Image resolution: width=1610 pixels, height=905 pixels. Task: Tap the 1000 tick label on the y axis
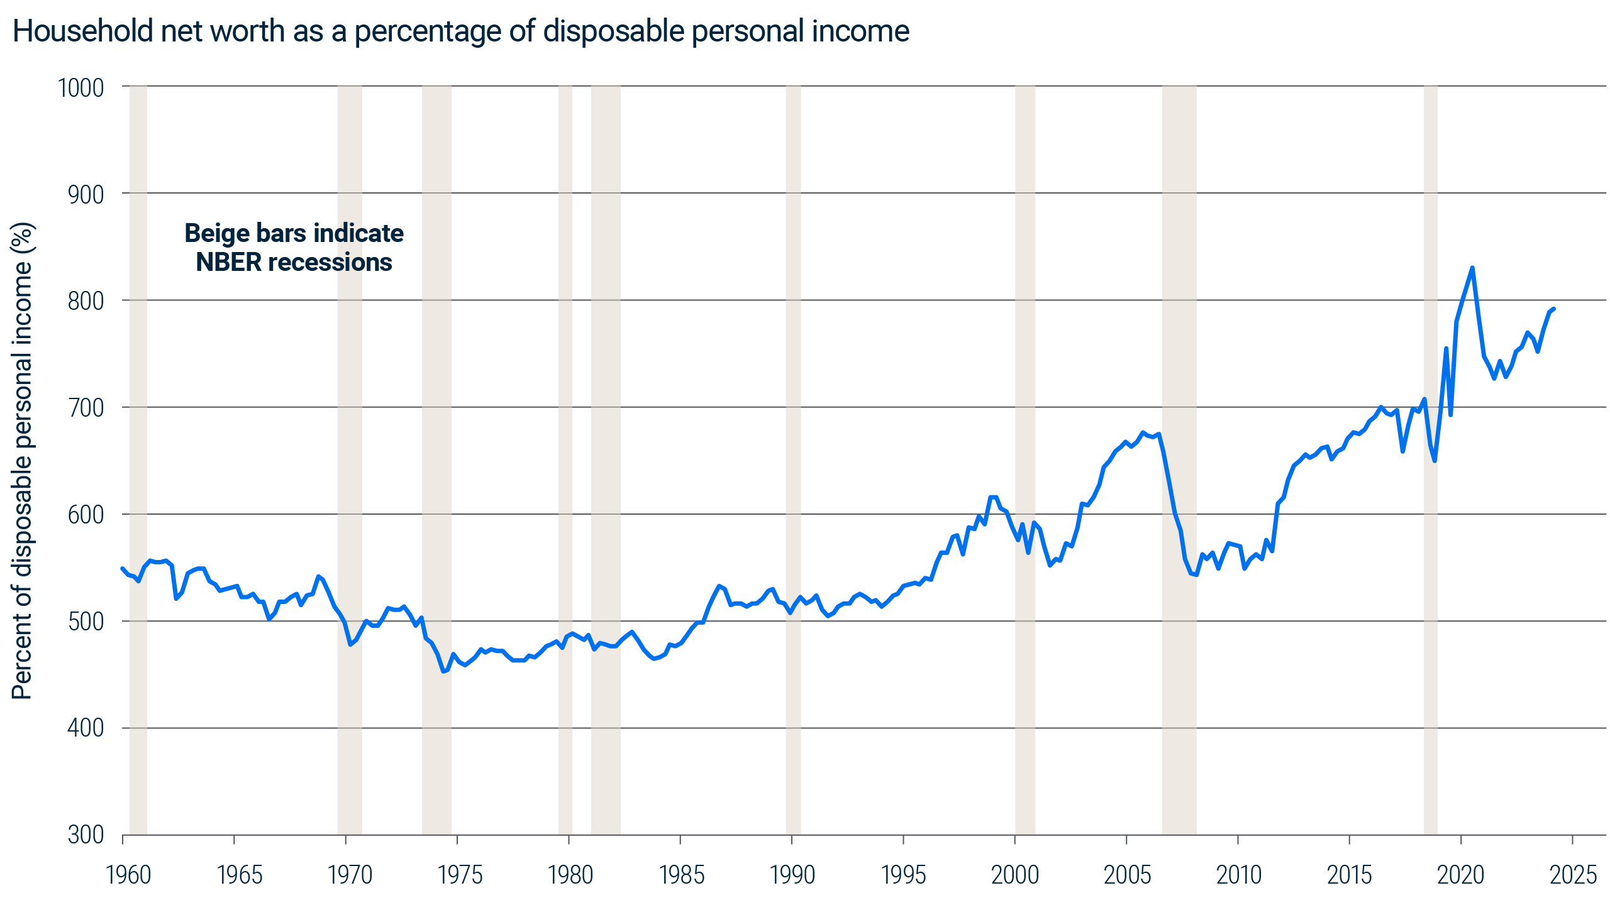coord(81,88)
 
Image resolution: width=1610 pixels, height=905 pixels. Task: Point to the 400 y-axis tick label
coord(86,728)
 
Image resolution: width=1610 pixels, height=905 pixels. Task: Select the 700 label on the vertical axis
coord(86,408)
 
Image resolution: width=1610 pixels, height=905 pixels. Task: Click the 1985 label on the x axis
coord(681,875)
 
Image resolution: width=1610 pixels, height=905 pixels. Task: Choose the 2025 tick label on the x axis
coord(1573,875)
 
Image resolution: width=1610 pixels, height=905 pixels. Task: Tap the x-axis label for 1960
coord(129,875)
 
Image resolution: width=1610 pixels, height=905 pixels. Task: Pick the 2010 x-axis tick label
coord(1238,875)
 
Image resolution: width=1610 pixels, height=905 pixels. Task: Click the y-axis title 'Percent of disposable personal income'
coord(23,461)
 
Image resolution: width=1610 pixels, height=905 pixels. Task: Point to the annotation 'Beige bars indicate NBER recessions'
coord(294,248)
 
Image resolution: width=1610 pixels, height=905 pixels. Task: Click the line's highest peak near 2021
coord(1472,268)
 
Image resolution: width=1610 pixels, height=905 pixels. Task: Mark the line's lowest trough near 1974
coord(443,671)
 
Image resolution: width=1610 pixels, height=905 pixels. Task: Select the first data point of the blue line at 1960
coord(123,568)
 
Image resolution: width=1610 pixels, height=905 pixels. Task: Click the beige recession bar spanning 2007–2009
coord(1179,460)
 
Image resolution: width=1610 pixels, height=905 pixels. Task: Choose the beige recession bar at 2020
coord(1431,460)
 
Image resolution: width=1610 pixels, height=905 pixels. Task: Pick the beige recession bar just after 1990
coord(793,460)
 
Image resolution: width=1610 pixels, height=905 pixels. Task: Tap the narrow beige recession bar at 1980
coord(565,460)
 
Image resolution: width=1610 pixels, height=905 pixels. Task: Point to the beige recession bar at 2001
coord(1025,460)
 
